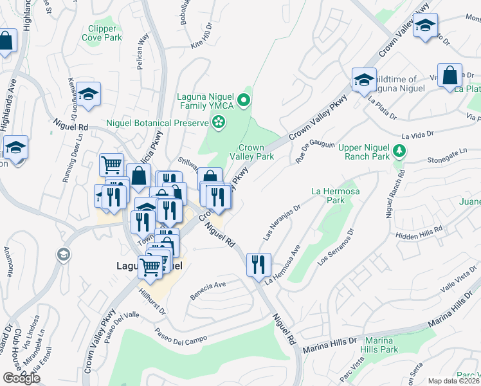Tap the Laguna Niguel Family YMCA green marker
[243, 100]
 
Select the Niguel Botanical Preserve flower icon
[219, 122]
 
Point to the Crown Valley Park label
[257, 152]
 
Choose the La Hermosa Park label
[333, 196]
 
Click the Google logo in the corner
[21, 378]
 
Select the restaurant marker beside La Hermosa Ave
[259, 265]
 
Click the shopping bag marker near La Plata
[449, 75]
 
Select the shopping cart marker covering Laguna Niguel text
[150, 266]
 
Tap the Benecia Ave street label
[208, 291]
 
